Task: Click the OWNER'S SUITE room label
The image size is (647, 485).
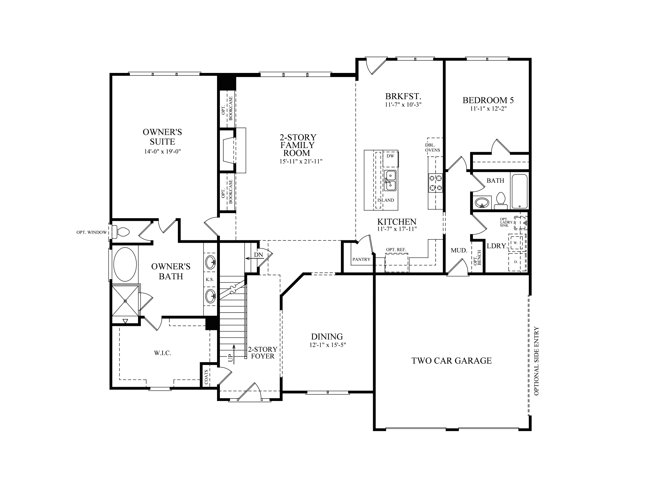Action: pyautogui.click(x=162, y=136)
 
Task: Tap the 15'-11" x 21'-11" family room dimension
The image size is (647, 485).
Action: pyautogui.click(x=298, y=162)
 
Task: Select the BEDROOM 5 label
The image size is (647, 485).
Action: pyautogui.click(x=488, y=100)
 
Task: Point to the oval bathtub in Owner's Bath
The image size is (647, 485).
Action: pyautogui.click(x=125, y=265)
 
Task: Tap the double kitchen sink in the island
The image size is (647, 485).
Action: pyautogui.click(x=390, y=180)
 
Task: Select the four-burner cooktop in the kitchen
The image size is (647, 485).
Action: pyautogui.click(x=435, y=183)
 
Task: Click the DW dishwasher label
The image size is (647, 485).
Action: pyautogui.click(x=390, y=156)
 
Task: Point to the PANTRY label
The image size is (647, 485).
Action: pyautogui.click(x=361, y=260)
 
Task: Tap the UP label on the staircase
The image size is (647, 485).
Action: pyautogui.click(x=230, y=358)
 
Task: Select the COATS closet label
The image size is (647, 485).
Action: pyautogui.click(x=206, y=377)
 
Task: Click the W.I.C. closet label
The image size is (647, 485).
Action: pyautogui.click(x=163, y=353)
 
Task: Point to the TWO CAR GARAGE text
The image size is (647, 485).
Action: pyautogui.click(x=451, y=361)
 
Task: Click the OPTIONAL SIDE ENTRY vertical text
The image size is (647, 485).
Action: pyautogui.click(x=536, y=361)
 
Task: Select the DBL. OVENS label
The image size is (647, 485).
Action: pyautogui.click(x=432, y=147)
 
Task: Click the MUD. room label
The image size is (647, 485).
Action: pyautogui.click(x=459, y=250)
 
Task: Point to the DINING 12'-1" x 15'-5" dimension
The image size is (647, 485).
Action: pyautogui.click(x=328, y=345)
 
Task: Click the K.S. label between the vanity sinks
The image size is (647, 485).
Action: pyautogui.click(x=210, y=279)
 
